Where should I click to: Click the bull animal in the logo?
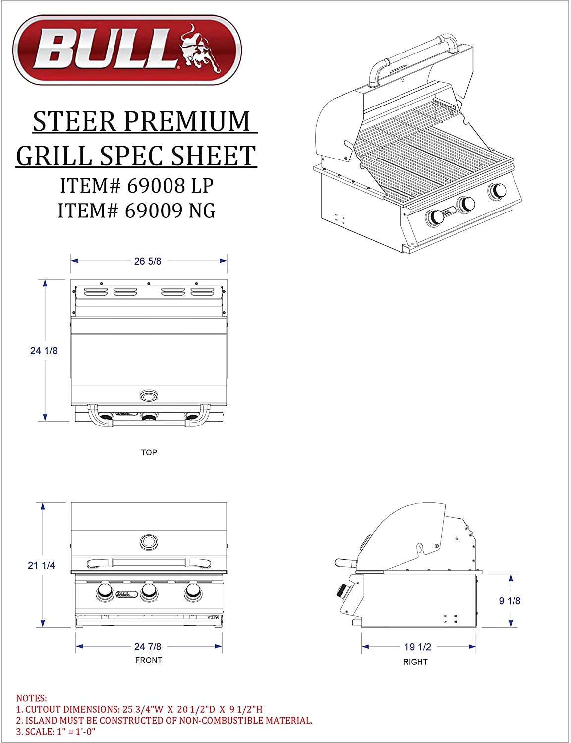200,49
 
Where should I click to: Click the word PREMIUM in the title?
187,121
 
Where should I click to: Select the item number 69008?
156,186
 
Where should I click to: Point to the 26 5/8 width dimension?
148,261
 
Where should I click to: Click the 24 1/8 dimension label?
44,351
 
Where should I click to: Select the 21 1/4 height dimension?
42,565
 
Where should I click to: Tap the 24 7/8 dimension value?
148,647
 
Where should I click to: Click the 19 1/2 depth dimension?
418,647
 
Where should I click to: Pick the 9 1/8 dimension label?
510,601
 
